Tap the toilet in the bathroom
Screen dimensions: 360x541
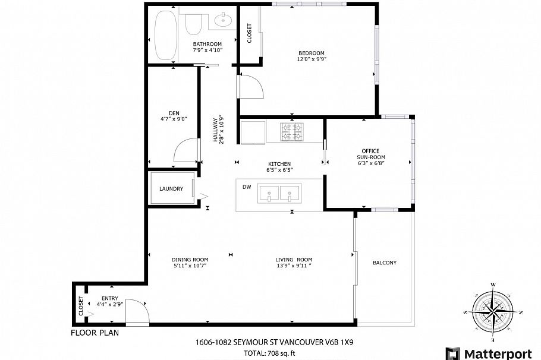click(193, 24)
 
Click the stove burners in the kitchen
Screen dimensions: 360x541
click(292, 132)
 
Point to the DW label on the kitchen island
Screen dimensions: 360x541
click(247, 187)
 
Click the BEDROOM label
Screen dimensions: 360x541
click(312, 53)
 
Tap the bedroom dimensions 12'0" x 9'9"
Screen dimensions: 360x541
click(312, 59)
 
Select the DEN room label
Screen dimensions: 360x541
click(174, 113)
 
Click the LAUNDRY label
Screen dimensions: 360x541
click(171, 189)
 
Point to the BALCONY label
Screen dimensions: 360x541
click(384, 263)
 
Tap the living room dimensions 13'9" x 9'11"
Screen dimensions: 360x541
click(293, 266)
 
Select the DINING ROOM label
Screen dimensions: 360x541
click(190, 260)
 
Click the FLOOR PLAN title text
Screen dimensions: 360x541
click(95, 333)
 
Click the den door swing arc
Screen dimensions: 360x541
click(184, 149)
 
